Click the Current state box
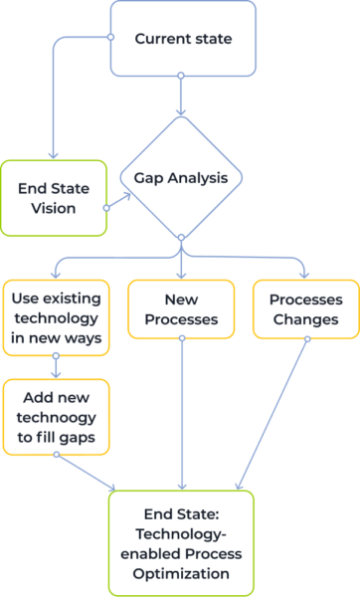pyautogui.click(x=182, y=39)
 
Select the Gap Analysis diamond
pyautogui.click(x=180, y=179)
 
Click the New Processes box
pyautogui.click(x=181, y=308)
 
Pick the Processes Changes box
pyautogui.click(x=306, y=308)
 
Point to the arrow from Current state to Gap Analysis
pyautogui.click(x=181, y=97)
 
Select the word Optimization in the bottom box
pyautogui.click(x=181, y=574)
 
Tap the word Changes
pyautogui.click(x=306, y=319)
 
